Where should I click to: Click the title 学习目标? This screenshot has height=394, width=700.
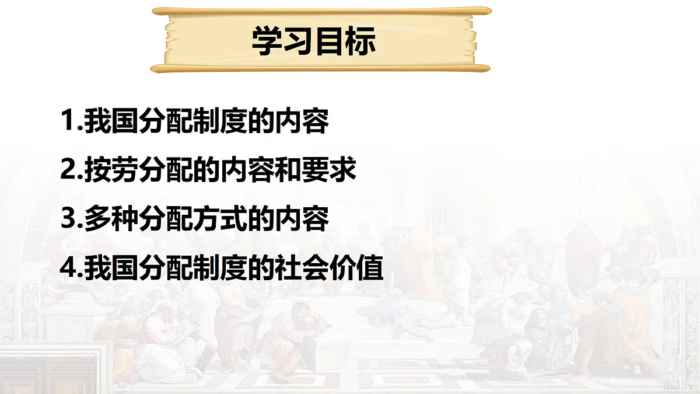[x=313, y=41]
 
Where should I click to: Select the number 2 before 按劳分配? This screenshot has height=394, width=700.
[x=68, y=170]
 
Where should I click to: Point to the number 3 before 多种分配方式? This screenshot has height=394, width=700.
[x=68, y=219]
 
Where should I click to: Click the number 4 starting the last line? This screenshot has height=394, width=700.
[x=68, y=268]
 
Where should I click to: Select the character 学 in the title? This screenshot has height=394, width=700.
[x=267, y=41]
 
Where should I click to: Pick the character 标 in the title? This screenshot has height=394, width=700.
[x=360, y=41]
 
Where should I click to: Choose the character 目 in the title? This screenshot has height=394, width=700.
[x=330, y=41]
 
